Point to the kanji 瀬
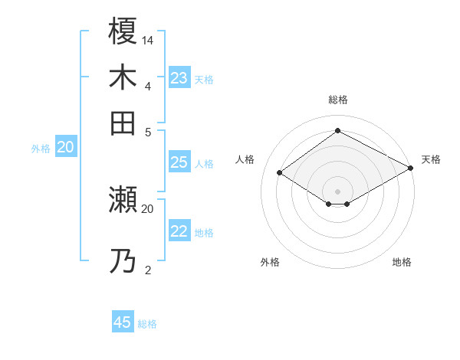tap(123, 200)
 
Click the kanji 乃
tap(123, 262)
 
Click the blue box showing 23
tap(179, 78)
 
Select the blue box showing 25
tap(179, 162)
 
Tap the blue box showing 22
tap(179, 232)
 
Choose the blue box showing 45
tap(123, 322)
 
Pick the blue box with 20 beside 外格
tap(65, 148)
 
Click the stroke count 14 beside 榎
tap(148, 40)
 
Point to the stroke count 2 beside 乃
tap(148, 270)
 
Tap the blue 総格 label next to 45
tap(148, 324)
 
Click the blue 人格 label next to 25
tap(204, 163)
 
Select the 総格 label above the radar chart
tap(338, 100)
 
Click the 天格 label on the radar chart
tap(431, 159)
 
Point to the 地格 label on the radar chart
tap(402, 262)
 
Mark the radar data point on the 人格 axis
tap(280, 173)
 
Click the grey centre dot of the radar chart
tap(338, 191)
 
